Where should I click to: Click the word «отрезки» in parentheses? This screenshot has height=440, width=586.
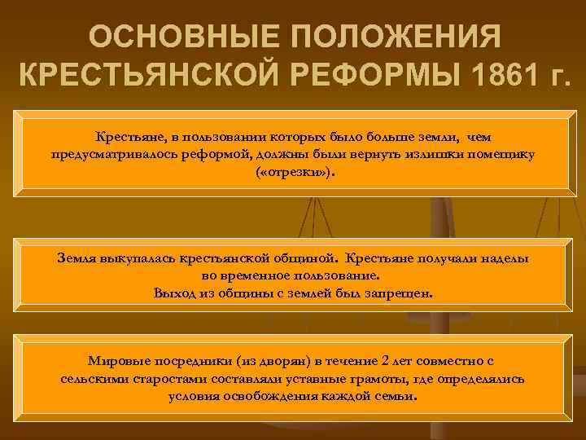pyautogui.click(x=292, y=174)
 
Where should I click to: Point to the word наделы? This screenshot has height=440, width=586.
pyautogui.click(x=503, y=257)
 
